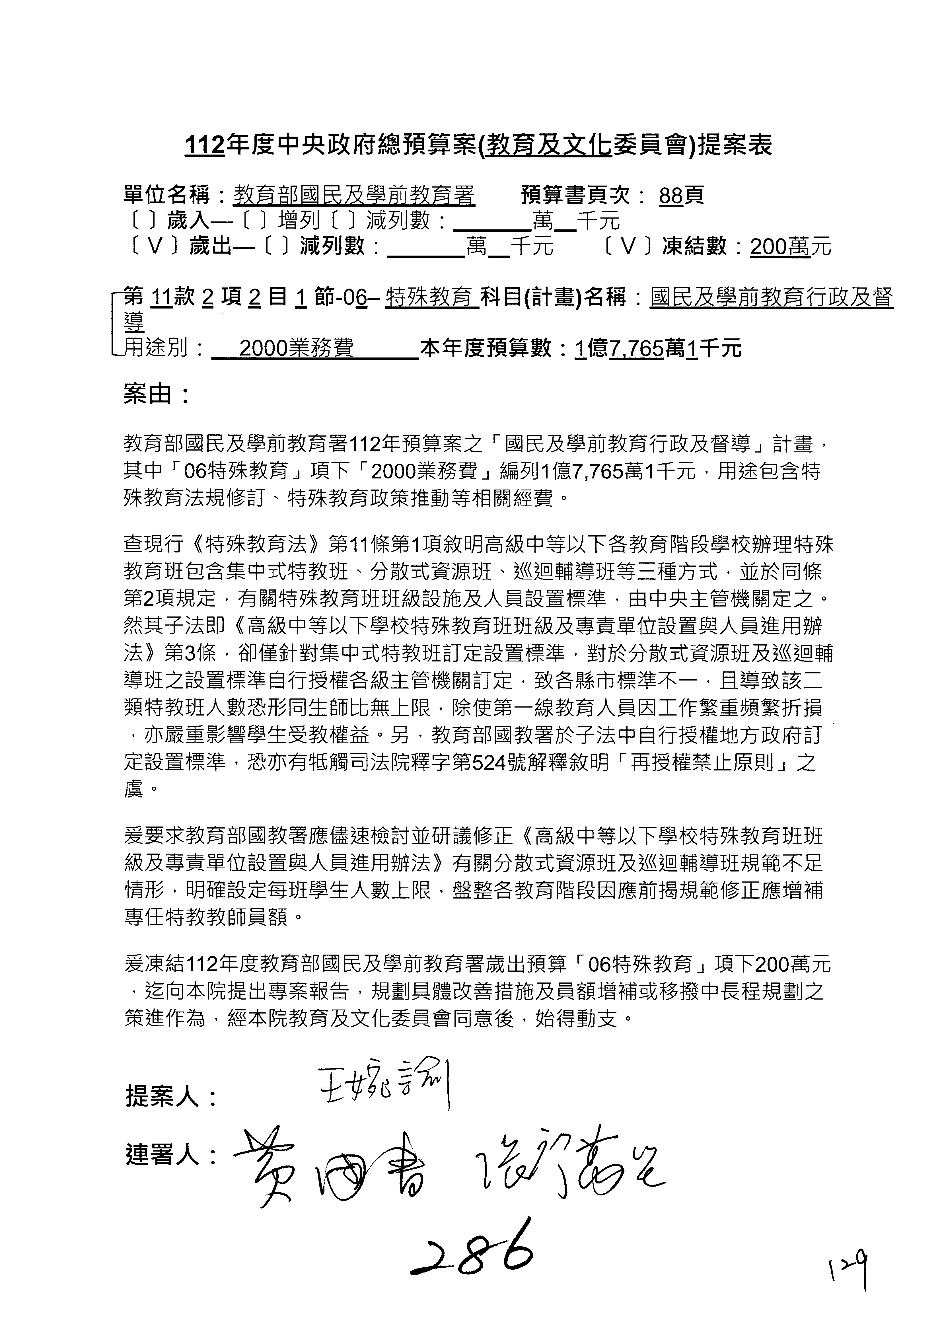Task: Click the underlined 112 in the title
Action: pyautogui.click(x=204, y=146)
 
